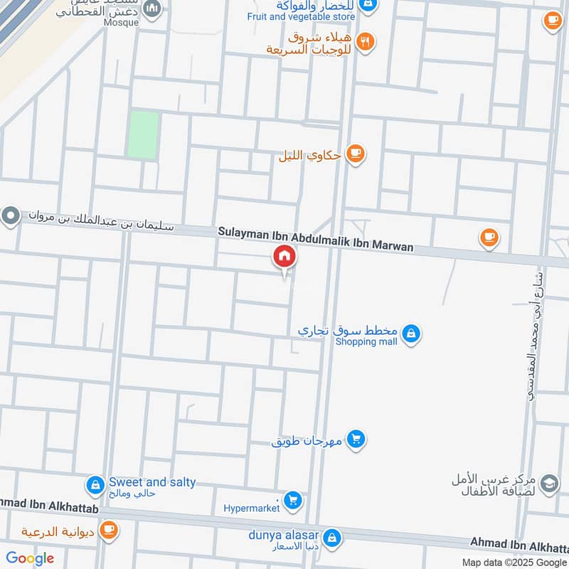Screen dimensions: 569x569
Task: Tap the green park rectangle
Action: pyautogui.click(x=143, y=134)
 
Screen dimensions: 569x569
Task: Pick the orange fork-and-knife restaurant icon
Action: pyautogui.click(x=366, y=41)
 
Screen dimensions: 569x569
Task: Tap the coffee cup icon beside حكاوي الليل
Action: pyautogui.click(x=355, y=154)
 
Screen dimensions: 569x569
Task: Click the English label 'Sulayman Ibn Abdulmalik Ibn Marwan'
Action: pyautogui.click(x=316, y=239)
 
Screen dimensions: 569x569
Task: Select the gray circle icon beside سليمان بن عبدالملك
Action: pyautogui.click(x=11, y=216)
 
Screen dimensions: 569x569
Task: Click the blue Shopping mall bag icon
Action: pyautogui.click(x=410, y=332)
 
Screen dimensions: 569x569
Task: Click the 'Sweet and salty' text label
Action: pyautogui.click(x=152, y=482)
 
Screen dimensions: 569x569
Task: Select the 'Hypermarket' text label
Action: pyautogui.click(x=252, y=508)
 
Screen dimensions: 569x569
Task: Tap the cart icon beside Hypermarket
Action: pyautogui.click(x=292, y=501)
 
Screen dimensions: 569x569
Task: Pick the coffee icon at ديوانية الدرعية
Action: pyautogui.click(x=108, y=530)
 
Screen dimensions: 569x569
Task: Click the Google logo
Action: pyautogui.click(x=31, y=558)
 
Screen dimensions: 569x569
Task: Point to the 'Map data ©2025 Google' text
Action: pyautogui.click(x=513, y=562)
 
